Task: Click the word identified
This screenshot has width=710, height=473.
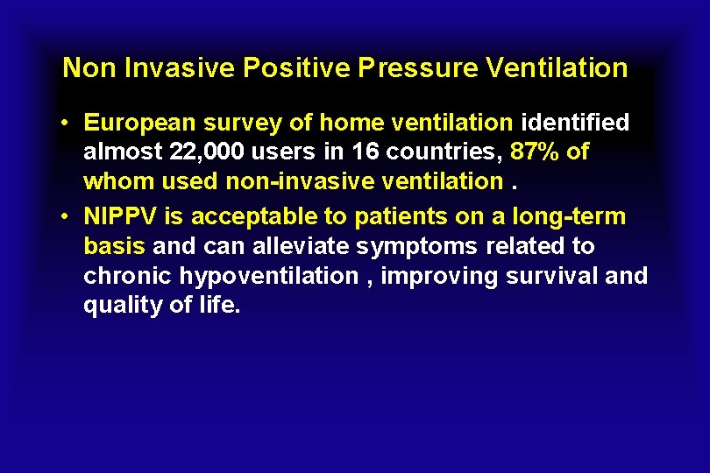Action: pyautogui.click(x=575, y=123)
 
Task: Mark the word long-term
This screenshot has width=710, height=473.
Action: pyautogui.click(x=571, y=216)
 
